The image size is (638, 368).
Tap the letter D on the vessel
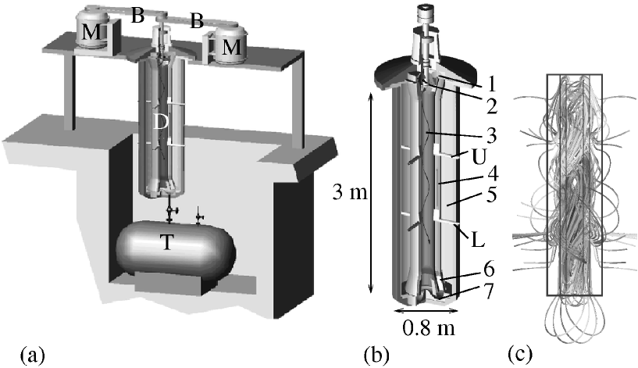pos(159,123)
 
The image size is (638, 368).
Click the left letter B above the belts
pos(137,14)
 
